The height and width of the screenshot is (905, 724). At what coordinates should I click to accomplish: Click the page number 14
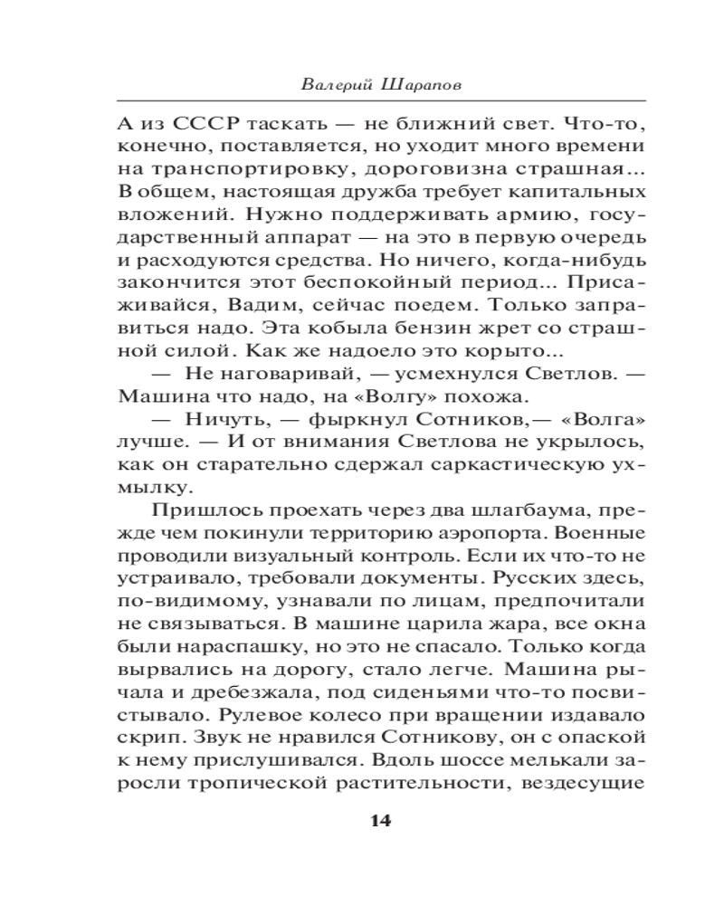pyautogui.click(x=380, y=821)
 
